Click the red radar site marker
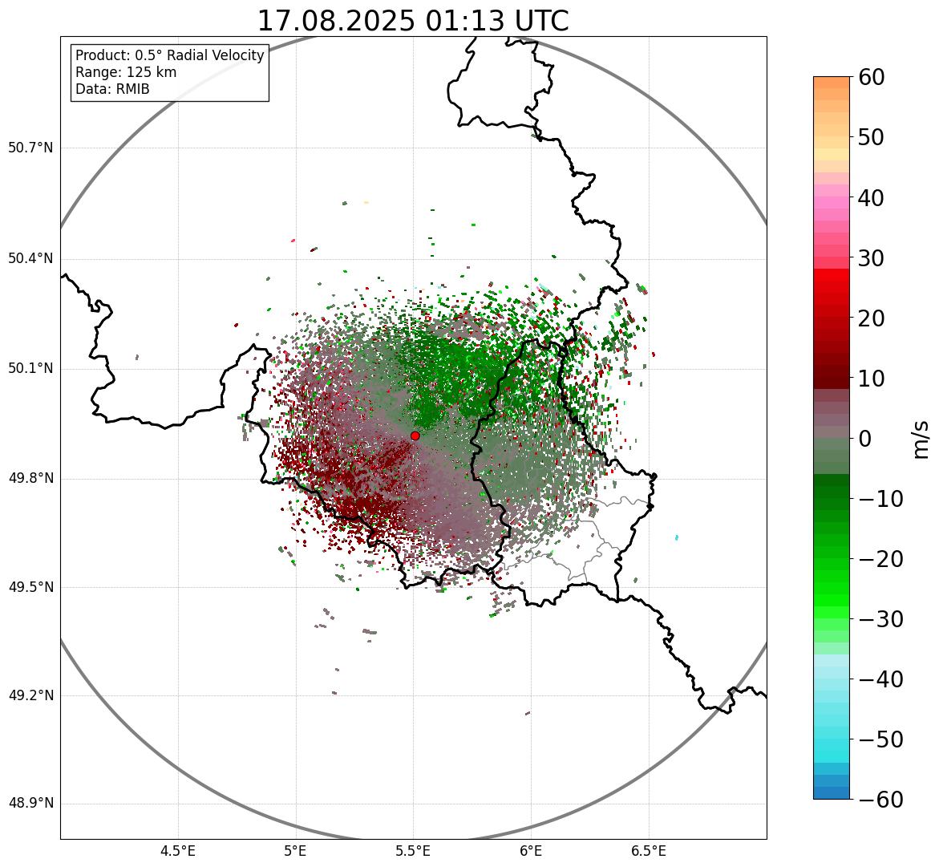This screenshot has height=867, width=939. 415,436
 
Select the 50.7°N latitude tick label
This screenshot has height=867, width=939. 30,148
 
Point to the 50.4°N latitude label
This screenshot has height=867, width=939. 30,259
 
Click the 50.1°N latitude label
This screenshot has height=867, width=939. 30,369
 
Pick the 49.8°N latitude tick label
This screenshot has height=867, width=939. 30,479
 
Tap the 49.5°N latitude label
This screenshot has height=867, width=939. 30,587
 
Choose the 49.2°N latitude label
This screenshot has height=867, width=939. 30,695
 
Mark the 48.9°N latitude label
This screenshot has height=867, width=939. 30,804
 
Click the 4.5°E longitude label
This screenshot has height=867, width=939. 178,851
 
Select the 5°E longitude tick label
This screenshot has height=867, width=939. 296,851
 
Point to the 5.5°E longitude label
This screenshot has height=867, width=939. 413,851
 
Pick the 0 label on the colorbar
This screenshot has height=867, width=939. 865,439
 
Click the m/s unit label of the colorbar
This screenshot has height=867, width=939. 921,439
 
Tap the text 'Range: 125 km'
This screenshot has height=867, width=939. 126,72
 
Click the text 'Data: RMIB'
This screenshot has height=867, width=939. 112,89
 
